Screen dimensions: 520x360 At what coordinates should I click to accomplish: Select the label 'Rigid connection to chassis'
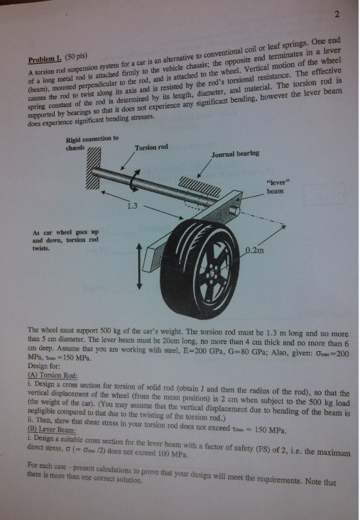(x=91, y=143)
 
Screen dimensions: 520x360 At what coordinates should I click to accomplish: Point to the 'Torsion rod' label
(x=151, y=148)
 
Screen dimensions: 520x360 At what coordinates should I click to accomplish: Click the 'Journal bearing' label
(x=235, y=153)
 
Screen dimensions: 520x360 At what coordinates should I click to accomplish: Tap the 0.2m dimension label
(x=255, y=249)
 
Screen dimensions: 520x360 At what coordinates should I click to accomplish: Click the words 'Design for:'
(x=42, y=367)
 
